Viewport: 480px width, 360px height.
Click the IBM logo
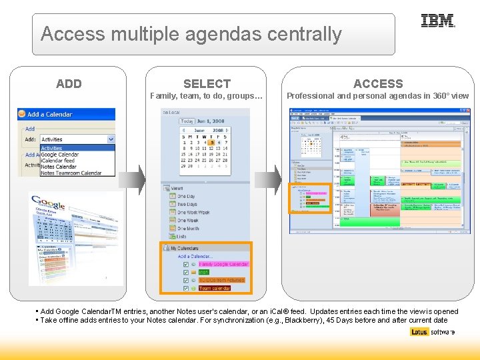coord(438,21)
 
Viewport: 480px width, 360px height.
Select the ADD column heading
coord(69,84)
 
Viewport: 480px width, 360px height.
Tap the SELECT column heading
coord(207,84)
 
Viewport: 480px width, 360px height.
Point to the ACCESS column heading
coord(378,84)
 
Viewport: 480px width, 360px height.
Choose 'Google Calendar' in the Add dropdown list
coord(60,155)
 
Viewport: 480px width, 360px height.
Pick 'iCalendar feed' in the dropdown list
coord(58,161)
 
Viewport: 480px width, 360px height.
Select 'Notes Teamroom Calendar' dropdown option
coord(71,173)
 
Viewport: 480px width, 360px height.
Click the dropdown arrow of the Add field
coord(111,139)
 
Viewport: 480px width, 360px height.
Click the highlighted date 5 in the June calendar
coord(211,142)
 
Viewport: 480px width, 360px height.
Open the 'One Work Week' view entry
coord(193,213)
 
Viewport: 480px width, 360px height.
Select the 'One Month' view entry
coord(188,229)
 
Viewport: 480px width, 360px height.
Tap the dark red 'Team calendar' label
coord(215,289)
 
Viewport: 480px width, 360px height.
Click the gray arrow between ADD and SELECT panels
coord(137,179)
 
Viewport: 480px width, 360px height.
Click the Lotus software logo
coord(432,332)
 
